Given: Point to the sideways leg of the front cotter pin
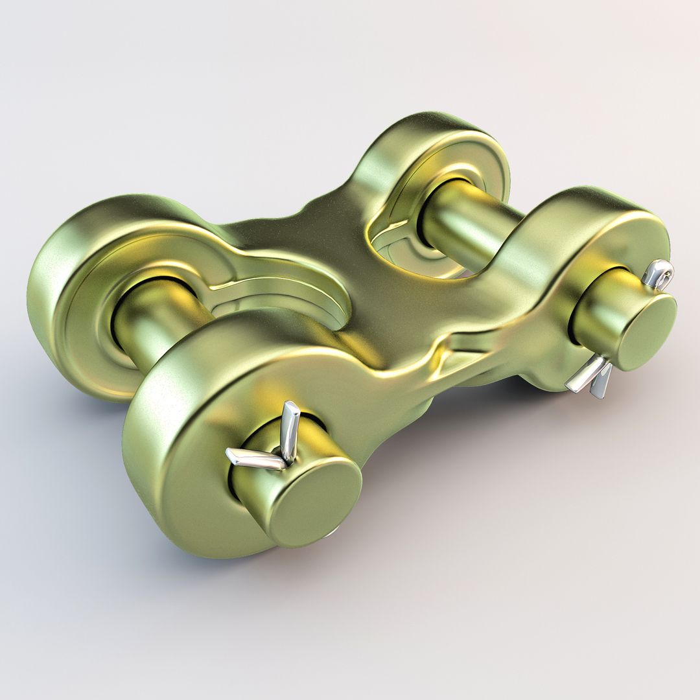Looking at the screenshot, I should coord(253,459).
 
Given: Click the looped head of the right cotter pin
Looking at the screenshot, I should coord(659,274).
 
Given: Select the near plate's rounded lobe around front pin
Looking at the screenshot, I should coord(188,454).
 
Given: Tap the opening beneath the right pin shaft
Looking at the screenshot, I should coord(415,259).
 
